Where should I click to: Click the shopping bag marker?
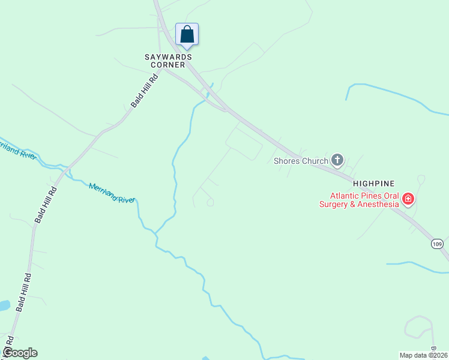(187, 34)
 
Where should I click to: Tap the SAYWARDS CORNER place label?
(168, 61)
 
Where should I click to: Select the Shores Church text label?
(301, 161)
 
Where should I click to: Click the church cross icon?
(337, 160)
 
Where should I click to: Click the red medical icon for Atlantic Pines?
(408, 199)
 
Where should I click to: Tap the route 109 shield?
(437, 244)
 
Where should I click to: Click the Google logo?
(19, 353)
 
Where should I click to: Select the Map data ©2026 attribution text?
(424, 355)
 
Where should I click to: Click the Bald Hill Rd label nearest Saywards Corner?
(145, 91)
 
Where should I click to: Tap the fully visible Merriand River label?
(112, 193)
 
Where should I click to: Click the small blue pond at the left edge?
(4, 305)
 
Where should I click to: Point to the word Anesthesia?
(379, 204)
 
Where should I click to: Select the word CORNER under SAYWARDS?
(168, 65)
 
